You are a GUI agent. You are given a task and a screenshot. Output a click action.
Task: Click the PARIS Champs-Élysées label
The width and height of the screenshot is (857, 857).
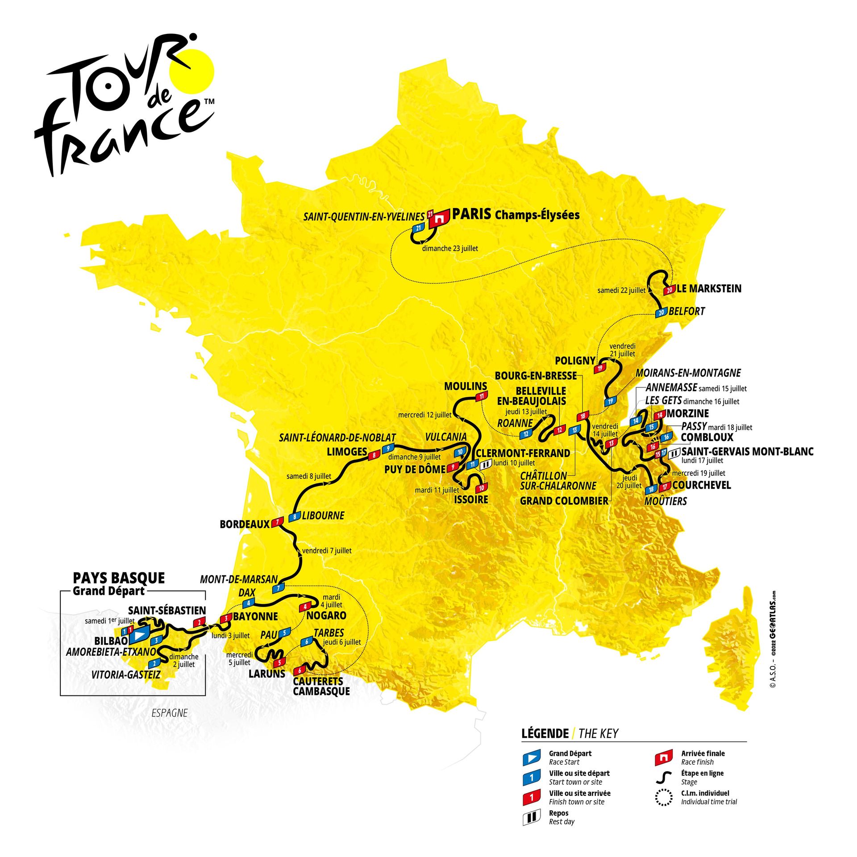[516, 215]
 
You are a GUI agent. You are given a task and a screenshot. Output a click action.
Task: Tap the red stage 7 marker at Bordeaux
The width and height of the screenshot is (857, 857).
[278, 521]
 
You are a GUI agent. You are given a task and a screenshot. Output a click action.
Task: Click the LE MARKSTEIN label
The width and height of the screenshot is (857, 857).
[709, 289]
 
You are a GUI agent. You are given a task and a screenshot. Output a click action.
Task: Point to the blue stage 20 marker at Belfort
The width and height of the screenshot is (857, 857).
[661, 313]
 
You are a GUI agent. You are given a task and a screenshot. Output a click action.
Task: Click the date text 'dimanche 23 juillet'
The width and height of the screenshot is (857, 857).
[449, 249]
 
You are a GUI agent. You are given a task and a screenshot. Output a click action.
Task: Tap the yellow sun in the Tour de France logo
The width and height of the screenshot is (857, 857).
[192, 72]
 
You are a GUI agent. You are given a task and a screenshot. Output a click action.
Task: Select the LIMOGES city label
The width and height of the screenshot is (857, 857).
[347, 452]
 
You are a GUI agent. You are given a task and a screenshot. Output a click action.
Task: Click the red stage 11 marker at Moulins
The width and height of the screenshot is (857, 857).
[482, 396]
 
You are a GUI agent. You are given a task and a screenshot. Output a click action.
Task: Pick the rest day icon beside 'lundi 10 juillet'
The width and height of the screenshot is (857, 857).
[486, 464]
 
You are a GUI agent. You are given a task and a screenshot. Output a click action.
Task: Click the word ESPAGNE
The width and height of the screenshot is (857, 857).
[170, 713]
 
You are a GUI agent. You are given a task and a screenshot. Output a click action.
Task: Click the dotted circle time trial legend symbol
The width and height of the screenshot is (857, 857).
[664, 797]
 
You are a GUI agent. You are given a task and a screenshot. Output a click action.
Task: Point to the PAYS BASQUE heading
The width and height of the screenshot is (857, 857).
[119, 578]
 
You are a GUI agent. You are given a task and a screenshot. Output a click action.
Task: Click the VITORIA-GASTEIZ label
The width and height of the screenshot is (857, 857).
[125, 674]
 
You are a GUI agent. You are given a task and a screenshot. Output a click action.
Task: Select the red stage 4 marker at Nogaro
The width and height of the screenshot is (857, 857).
[305, 607]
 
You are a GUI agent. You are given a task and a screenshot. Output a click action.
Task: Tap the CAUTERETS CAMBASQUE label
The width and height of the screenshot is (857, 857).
[321, 686]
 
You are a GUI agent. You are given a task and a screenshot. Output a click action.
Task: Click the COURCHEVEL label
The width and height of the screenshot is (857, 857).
[701, 485]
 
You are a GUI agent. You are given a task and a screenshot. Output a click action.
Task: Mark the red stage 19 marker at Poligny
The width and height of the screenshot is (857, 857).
[599, 368]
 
